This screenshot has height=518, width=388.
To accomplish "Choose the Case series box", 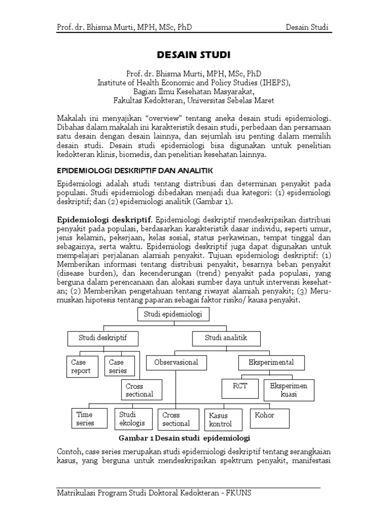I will pos(120,367).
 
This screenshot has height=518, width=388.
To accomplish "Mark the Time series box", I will pos(88,418).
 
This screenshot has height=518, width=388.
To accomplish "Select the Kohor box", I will pos(269,417).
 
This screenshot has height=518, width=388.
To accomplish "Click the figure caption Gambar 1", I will pos(185,438).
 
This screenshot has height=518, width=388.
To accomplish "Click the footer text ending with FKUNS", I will pos(154,494).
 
